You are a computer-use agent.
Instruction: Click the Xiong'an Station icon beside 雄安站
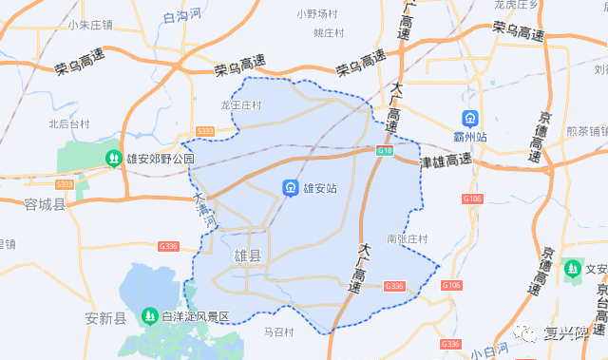289,188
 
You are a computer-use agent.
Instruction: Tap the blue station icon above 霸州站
469,120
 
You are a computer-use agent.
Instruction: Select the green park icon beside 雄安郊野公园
113,159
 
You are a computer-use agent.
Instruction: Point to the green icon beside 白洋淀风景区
148,314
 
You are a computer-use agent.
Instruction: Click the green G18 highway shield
384,151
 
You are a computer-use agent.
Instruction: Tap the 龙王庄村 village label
240,105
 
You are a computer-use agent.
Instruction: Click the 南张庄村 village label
408,238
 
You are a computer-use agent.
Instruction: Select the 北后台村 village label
68,123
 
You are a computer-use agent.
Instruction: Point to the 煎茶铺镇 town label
585,132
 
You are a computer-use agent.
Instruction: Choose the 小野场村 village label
317,14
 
